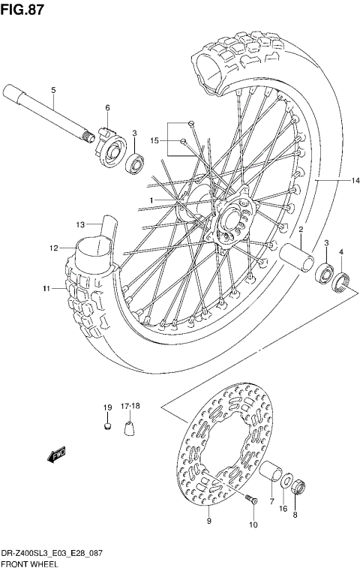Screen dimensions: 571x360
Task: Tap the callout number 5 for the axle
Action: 53,91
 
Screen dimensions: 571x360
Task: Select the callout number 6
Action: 107,108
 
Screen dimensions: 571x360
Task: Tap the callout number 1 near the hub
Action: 151,200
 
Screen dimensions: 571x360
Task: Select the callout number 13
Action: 81,224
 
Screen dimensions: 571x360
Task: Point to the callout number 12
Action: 54,248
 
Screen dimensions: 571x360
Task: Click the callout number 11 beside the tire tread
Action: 46,288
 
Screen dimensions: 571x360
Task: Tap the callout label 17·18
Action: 130,407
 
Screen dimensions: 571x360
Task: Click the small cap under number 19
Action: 106,428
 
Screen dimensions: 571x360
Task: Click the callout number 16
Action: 282,508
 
